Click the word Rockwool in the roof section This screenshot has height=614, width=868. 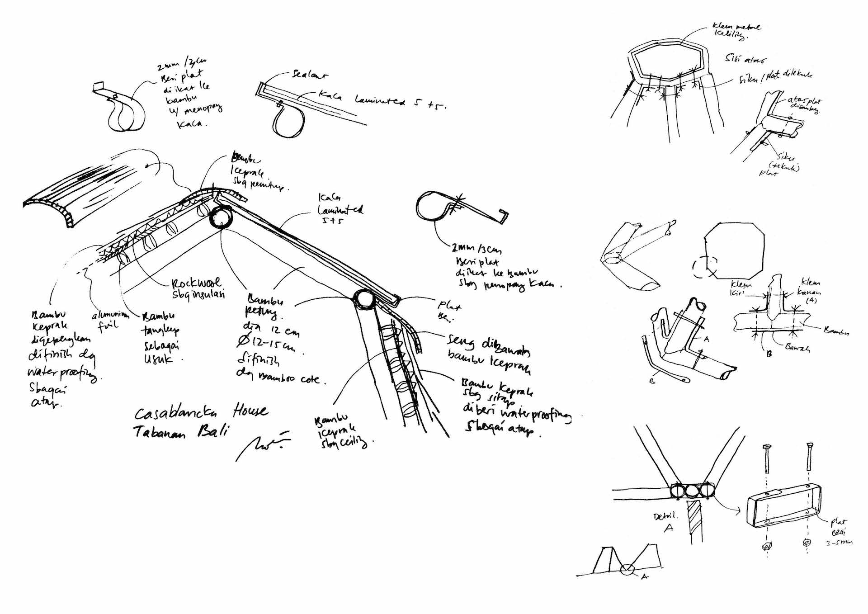tap(196, 283)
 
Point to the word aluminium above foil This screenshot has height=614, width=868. tap(111, 315)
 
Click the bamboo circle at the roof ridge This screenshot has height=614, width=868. tap(221, 217)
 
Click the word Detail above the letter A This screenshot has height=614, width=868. tap(666, 516)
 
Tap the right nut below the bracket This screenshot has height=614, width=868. tap(807, 543)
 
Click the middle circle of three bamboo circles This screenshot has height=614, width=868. tap(692, 491)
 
